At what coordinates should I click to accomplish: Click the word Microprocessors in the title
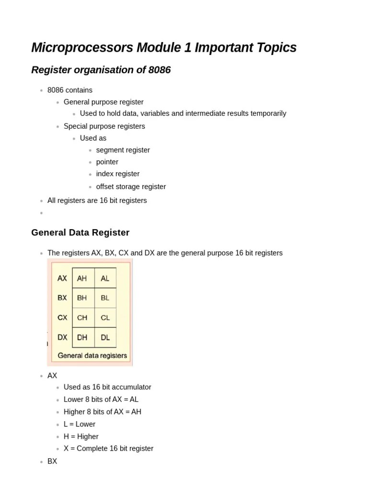pos(82,48)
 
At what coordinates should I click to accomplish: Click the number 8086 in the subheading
pos(160,70)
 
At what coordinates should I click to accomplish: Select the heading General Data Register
pos(80,233)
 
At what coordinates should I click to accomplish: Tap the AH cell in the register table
pos(82,278)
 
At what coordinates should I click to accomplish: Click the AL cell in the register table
pos(105,278)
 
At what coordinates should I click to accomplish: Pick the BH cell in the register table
pos(82,298)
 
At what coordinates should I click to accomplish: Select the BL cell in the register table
pos(105,298)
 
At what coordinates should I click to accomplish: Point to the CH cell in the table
pos(82,317)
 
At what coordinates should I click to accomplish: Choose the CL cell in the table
pos(105,317)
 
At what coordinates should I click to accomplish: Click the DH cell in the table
pos(82,337)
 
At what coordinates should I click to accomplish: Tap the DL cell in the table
pos(105,337)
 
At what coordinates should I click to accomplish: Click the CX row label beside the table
pos(62,317)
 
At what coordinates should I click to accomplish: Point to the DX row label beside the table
pos(62,337)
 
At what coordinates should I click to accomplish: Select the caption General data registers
pos(92,356)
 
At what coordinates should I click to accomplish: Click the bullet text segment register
pos(123,150)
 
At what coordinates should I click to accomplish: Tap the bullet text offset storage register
pos(131,187)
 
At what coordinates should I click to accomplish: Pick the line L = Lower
pos(80,424)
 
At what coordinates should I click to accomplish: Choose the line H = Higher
pos(81,436)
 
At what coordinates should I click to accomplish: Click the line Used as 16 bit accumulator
pos(107,387)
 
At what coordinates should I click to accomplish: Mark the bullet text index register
pos(118,174)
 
